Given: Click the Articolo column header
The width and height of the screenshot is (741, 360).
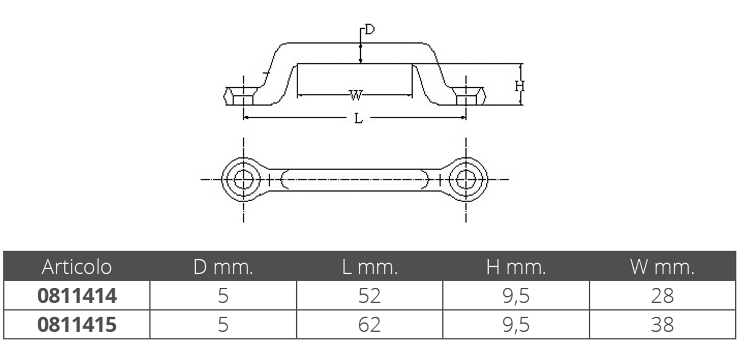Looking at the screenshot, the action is click(77, 267).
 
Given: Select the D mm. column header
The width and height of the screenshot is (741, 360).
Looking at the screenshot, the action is click(223, 267).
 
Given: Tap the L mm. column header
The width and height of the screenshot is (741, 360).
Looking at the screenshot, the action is click(370, 267).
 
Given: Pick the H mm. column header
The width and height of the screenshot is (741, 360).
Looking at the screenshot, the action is click(516, 267).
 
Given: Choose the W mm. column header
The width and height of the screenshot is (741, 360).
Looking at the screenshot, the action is click(662, 267).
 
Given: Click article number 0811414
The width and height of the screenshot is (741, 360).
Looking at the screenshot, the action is click(77, 296).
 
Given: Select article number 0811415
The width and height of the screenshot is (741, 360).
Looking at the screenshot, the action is click(77, 324).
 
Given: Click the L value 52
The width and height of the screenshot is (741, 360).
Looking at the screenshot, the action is click(369, 296).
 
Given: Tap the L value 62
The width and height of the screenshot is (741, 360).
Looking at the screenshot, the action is click(369, 324).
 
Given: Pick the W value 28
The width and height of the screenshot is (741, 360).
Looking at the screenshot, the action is click(662, 296).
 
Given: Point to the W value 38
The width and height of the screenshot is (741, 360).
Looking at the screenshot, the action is click(662, 324).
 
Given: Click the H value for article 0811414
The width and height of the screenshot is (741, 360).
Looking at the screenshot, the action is click(516, 296).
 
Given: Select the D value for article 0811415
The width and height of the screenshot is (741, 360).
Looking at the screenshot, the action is click(223, 324).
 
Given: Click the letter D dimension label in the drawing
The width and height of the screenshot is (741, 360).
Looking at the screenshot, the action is click(370, 29).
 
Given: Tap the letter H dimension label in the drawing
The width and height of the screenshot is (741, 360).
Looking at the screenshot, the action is click(520, 87).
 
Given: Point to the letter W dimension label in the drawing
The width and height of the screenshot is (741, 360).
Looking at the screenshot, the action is click(356, 95).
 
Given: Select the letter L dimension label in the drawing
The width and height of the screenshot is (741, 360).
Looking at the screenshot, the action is click(358, 119).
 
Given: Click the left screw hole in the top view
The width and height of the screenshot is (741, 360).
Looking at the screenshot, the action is click(243, 180).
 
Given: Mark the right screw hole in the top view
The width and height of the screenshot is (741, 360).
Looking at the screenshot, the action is click(466, 180).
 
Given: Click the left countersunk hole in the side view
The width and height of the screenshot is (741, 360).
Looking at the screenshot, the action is click(243, 96).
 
